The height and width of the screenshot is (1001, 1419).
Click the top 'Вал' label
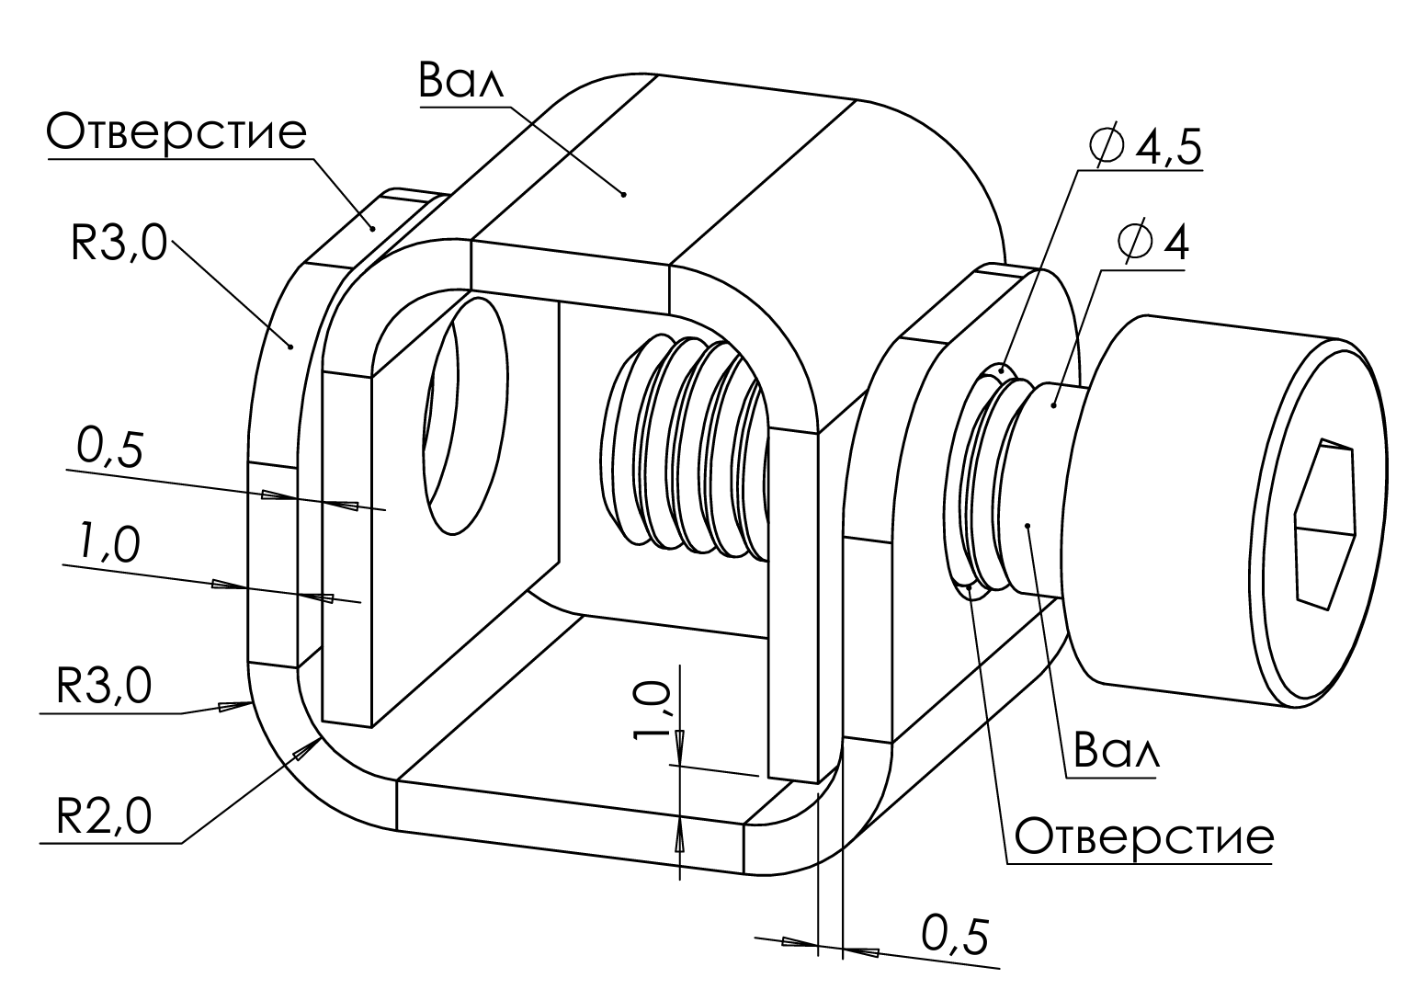pyautogui.click(x=462, y=82)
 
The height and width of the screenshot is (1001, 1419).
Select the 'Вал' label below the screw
pyautogui.click(x=1109, y=751)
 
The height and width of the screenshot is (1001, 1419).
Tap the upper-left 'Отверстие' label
pyautogui.click(x=176, y=132)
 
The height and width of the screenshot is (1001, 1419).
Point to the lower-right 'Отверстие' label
pyautogui.click(x=1144, y=836)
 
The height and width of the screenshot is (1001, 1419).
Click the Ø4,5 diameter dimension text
pyautogui.click(x=1143, y=146)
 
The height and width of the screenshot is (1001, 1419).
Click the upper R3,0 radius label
pyautogui.click(x=119, y=245)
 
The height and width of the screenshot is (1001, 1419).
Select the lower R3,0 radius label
pyautogui.click(x=104, y=685)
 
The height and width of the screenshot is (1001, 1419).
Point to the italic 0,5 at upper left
pyautogui.click(x=108, y=450)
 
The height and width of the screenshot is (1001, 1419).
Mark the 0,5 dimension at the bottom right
pyautogui.click(x=956, y=936)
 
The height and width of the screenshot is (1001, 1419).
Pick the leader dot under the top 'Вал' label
pyautogui.click(x=623, y=194)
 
